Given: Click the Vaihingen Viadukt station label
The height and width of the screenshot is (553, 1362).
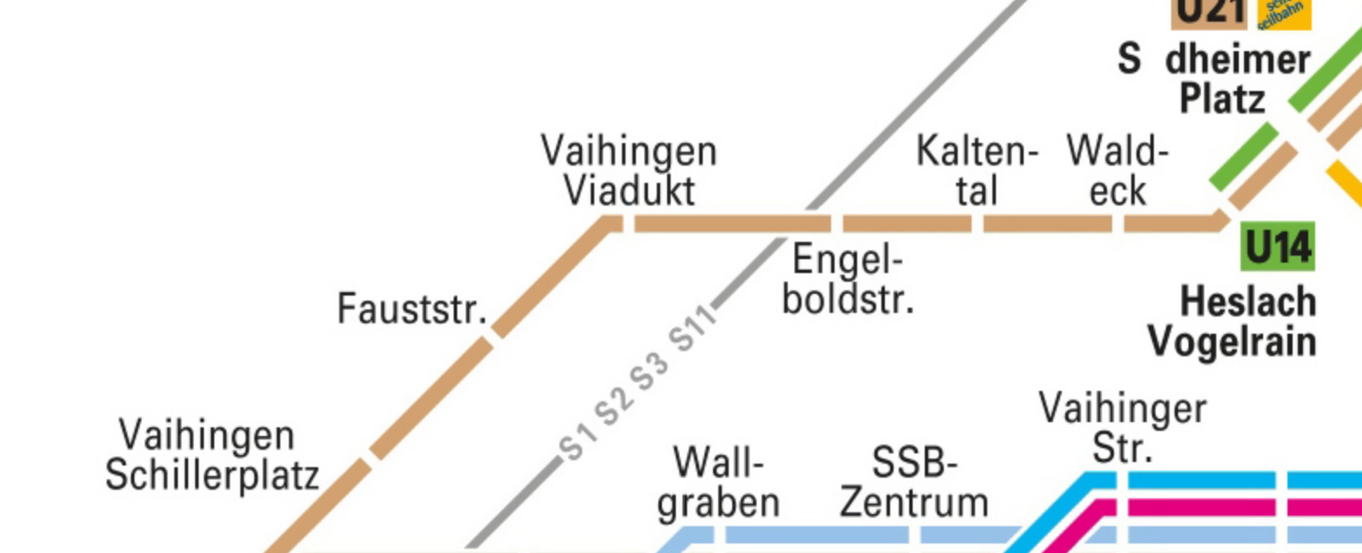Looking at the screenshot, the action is (x=629, y=171).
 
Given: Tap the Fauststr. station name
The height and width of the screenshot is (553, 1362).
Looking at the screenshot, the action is (x=412, y=309).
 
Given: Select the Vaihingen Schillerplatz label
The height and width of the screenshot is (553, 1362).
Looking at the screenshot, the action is (x=212, y=455).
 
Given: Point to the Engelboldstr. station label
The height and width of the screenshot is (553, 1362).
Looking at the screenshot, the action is (x=848, y=279).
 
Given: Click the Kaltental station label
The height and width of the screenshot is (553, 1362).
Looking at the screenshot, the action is (x=978, y=171).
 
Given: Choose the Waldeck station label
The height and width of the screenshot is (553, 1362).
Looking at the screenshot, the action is (x=1117, y=171).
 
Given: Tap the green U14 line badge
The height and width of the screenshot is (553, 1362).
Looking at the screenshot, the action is (x=1278, y=248).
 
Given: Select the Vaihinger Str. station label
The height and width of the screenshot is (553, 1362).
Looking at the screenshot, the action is (x=1123, y=428).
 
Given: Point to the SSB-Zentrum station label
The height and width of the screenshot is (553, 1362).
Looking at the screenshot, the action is (x=914, y=483).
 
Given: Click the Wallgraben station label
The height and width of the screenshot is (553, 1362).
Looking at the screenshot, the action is (x=718, y=483).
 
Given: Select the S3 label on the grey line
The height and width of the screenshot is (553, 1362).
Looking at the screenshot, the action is (x=650, y=371).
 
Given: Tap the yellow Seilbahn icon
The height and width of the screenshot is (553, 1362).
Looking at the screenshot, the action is (x=1284, y=12).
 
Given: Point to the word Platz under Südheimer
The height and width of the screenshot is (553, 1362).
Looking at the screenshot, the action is (x=1221, y=100).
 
